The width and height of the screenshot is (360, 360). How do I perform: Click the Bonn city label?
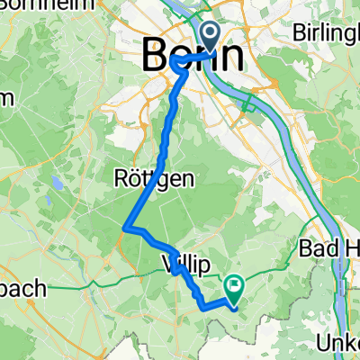193,56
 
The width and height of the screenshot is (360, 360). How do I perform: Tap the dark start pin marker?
211,37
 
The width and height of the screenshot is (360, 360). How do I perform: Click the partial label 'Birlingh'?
326,32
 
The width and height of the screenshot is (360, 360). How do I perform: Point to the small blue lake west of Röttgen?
55,183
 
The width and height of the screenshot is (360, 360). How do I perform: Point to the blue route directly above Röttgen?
168,144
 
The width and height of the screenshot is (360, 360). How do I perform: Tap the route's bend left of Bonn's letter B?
171,63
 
